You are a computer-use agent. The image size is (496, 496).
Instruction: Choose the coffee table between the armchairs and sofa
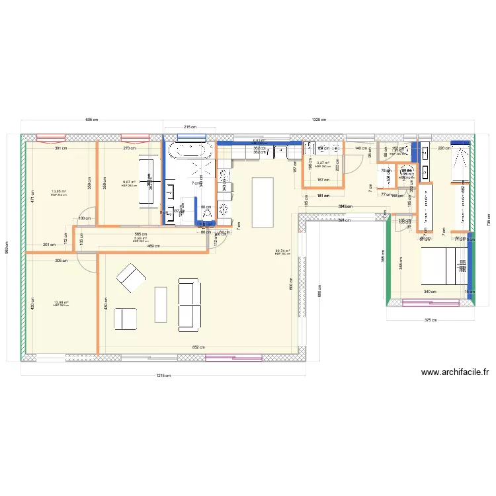click(x=161, y=304)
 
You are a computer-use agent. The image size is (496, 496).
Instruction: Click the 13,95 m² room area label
click(x=60, y=192)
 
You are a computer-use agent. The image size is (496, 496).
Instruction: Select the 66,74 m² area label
click(x=282, y=251)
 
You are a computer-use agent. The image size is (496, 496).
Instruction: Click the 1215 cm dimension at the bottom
click(x=163, y=376)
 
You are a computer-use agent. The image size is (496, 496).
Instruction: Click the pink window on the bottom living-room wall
click(x=225, y=358)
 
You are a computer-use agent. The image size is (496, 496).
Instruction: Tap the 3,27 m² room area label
click(x=323, y=163)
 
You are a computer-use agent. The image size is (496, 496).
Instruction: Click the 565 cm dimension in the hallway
click(x=140, y=234)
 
